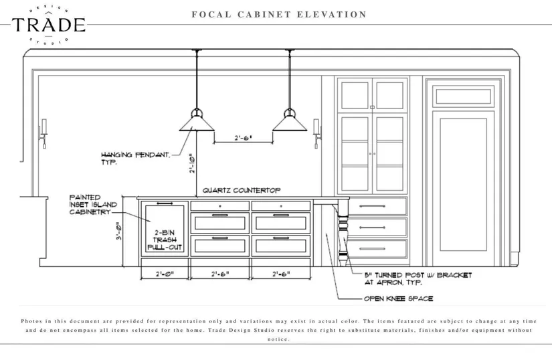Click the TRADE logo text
[48, 25]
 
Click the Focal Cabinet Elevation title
[278, 14]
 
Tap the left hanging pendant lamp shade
[195, 122]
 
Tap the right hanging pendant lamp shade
[289, 122]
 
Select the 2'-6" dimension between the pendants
[242, 138]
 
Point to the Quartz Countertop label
[242, 190]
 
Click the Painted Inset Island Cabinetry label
[93, 205]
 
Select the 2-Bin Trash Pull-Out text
[164, 239]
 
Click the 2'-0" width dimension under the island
[165, 274]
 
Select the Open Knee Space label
[397, 298]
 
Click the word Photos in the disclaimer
[33, 321]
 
